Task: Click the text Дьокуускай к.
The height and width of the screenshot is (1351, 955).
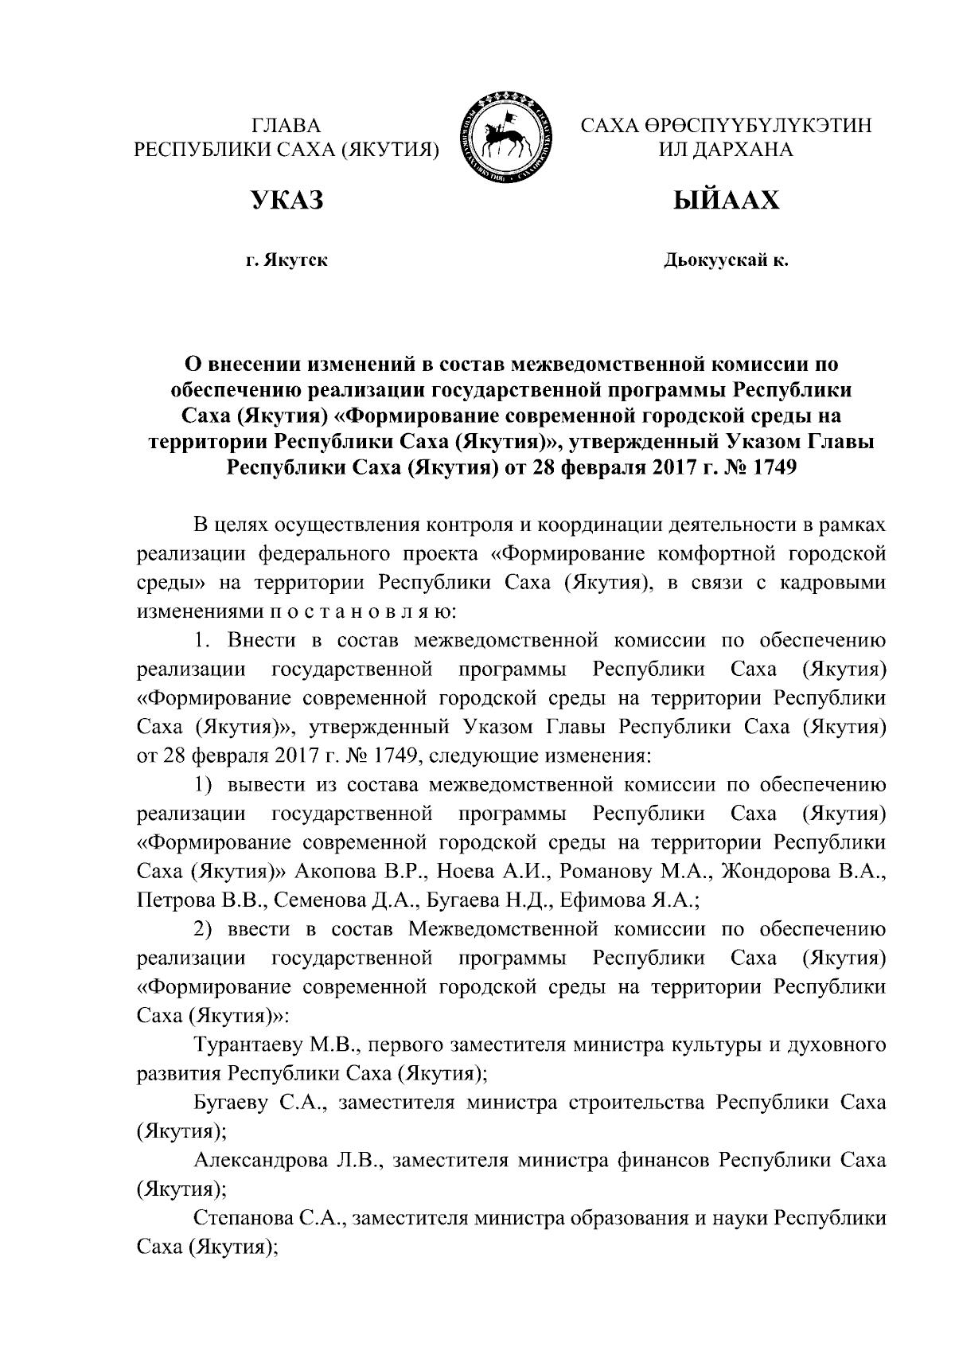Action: click(726, 260)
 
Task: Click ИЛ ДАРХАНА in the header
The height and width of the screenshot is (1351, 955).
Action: click(724, 150)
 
